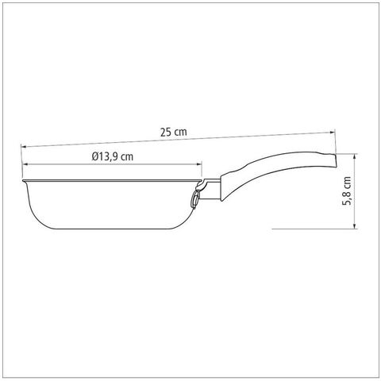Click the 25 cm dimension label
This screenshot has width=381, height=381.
pyautogui.click(x=174, y=132)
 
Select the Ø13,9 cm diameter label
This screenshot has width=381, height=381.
pyautogui.click(x=113, y=156)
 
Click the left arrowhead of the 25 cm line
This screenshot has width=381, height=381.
pyautogui.click(x=24, y=146)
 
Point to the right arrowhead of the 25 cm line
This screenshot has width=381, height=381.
pyautogui.click(x=332, y=132)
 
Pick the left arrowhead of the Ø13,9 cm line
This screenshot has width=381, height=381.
pyautogui.click(x=25, y=164)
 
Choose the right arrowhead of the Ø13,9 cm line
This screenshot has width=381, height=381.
pyautogui.click(x=199, y=164)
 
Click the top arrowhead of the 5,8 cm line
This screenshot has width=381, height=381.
pyautogui.click(x=355, y=156)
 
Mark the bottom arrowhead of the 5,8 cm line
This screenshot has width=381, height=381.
pyautogui.click(x=355, y=225)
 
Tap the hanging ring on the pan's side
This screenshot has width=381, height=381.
pyautogui.click(x=194, y=199)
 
